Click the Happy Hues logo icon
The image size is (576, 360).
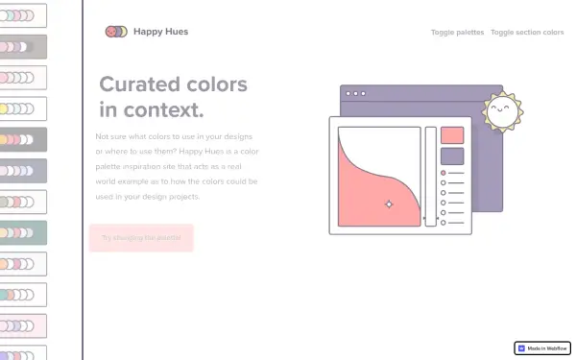[115, 32]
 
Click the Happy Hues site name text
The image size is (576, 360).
[161, 32]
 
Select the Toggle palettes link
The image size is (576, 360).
[457, 33]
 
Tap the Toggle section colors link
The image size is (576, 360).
[527, 33]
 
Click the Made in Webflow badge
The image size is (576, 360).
[543, 348]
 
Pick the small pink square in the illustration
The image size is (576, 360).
[452, 135]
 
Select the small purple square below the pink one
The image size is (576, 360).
[452, 156]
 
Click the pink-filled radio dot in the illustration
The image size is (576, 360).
[443, 174]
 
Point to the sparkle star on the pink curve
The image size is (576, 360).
[389, 204]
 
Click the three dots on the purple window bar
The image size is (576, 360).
[356, 94]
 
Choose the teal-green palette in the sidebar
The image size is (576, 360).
[23, 231]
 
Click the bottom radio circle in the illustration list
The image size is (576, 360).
[443, 223]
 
